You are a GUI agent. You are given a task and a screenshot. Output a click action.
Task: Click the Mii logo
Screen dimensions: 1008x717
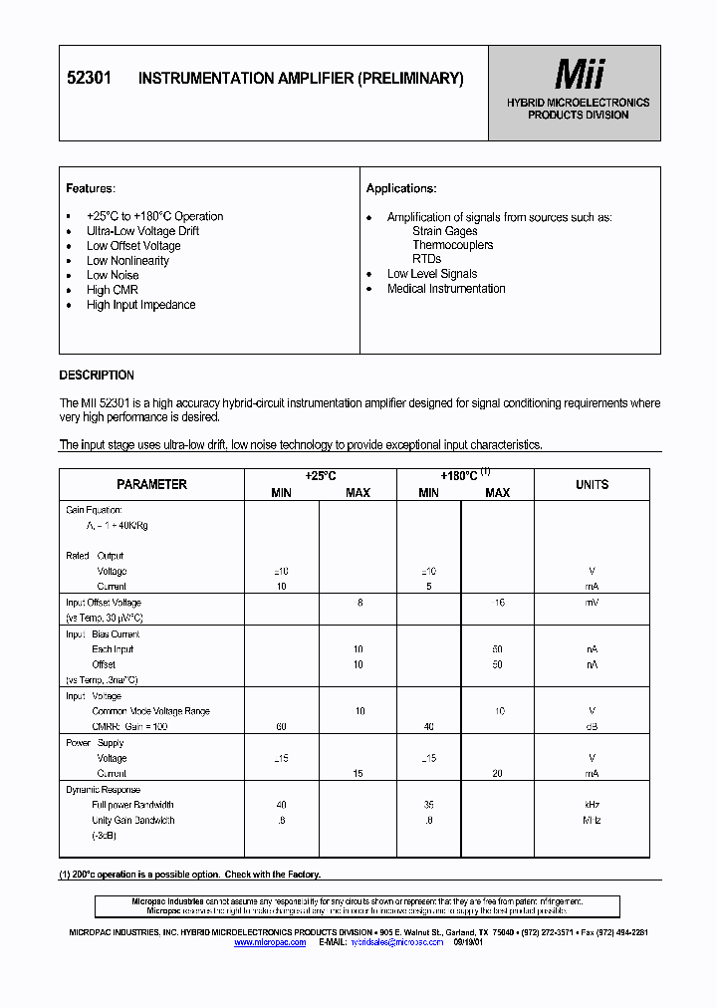point(578,75)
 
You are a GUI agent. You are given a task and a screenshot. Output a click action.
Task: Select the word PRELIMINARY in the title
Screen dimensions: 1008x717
point(410,79)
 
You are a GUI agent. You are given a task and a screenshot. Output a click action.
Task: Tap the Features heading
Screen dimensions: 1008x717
point(91,188)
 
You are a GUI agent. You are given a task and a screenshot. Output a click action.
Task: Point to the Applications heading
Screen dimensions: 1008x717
point(401,188)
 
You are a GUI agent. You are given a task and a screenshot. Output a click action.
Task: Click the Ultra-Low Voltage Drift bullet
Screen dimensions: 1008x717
point(142,231)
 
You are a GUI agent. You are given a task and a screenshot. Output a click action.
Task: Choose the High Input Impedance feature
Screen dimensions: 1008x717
point(140,305)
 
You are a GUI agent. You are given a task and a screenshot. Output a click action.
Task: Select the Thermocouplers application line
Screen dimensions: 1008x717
point(453,245)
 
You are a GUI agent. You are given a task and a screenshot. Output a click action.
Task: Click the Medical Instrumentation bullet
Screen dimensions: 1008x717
point(446,289)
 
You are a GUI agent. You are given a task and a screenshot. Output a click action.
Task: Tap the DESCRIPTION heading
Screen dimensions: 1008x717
point(97,376)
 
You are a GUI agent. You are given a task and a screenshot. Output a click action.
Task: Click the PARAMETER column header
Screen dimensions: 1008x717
point(151,484)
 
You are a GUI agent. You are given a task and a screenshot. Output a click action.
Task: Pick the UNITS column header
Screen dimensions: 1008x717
point(592,484)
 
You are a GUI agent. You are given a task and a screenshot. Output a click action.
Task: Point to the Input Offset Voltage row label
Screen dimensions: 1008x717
point(104,603)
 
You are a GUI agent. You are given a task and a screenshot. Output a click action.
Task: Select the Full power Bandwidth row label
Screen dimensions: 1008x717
point(132,805)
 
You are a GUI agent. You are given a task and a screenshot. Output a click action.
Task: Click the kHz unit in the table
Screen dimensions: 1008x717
point(592,805)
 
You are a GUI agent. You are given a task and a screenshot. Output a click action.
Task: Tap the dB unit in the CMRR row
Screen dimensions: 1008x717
point(592,727)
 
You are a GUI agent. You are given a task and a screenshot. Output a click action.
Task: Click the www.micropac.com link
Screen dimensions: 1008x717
point(270,941)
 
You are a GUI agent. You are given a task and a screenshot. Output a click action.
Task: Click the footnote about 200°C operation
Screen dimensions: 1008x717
point(190,875)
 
